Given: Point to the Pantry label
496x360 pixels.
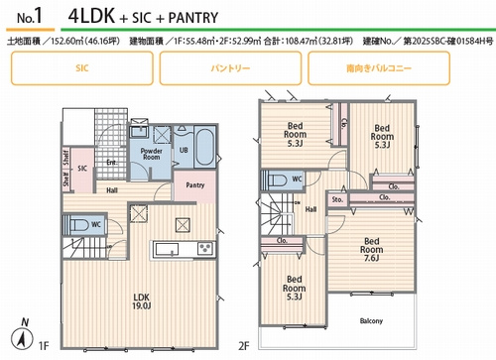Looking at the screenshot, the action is click(x=195, y=184).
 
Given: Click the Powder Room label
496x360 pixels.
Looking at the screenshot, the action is click(x=151, y=156).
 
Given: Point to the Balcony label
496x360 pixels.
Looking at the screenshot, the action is click(x=371, y=319).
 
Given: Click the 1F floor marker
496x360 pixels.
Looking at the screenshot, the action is click(x=43, y=346).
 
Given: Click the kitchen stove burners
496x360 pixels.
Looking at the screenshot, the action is click(x=206, y=247).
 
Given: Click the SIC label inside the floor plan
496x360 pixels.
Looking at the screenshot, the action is click(x=83, y=168).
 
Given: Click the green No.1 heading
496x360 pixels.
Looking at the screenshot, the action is click(x=30, y=18).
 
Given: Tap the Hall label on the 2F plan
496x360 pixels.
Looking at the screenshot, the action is click(x=310, y=208).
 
